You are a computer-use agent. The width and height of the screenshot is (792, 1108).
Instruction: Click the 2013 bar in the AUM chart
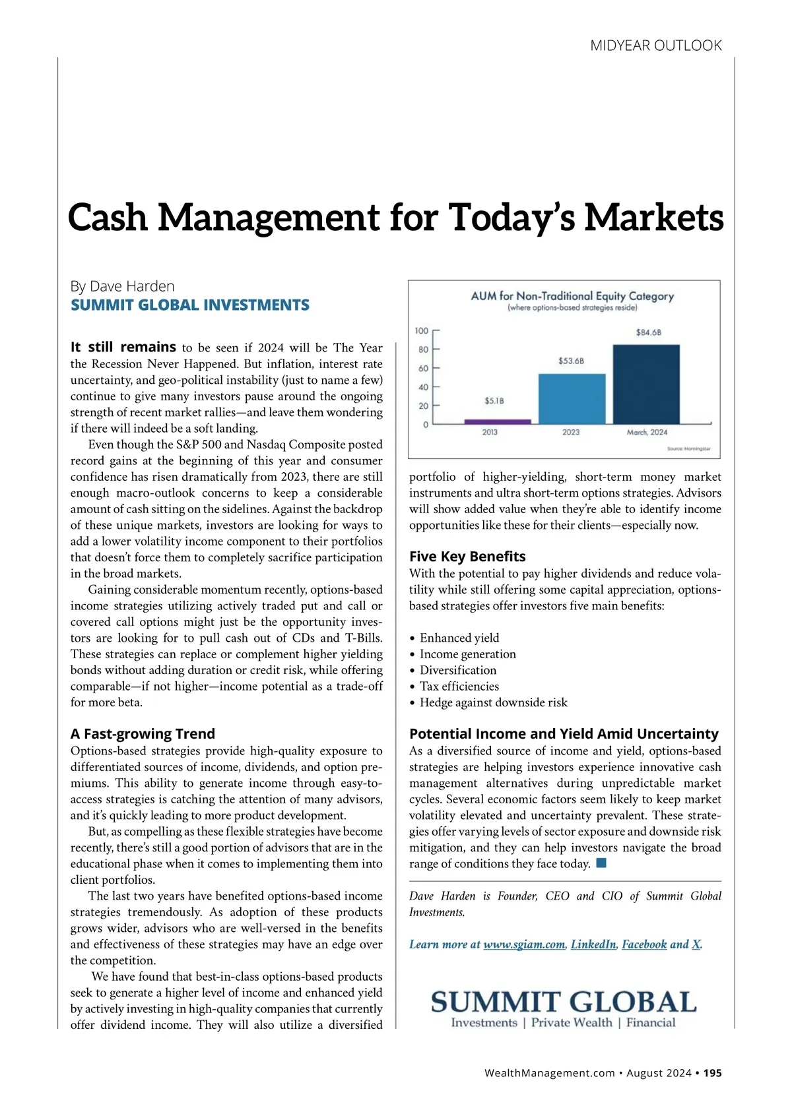click(497, 421)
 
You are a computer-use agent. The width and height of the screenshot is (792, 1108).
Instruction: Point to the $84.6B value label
click(648, 332)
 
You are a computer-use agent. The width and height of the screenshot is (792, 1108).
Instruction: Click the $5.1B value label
click(494, 400)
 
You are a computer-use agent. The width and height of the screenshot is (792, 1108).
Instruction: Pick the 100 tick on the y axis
click(422, 330)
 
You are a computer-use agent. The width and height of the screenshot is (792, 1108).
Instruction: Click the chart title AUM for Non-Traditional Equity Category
click(572, 296)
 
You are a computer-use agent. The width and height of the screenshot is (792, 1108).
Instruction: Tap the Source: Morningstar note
click(688, 448)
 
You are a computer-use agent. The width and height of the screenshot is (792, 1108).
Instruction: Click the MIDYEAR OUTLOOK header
click(655, 46)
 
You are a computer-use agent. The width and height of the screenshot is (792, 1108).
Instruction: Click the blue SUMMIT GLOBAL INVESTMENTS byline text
click(190, 305)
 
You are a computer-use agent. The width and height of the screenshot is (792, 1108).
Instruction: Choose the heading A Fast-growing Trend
click(143, 733)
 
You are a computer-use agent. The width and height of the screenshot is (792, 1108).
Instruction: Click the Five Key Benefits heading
click(467, 556)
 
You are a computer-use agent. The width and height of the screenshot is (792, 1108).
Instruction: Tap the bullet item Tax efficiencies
click(459, 686)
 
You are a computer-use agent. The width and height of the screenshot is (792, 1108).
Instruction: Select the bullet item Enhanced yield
click(459, 638)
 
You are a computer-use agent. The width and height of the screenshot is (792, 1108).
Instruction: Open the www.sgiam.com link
click(524, 944)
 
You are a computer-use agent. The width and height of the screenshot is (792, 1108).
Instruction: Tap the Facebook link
click(644, 944)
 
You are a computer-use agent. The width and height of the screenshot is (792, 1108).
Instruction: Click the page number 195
click(712, 1073)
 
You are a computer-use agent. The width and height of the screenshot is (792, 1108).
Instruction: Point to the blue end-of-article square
click(601, 863)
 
